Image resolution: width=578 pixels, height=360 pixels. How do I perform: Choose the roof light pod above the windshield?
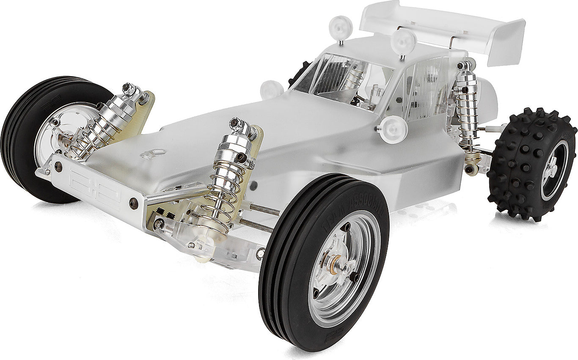pyautogui.click(x=341, y=28)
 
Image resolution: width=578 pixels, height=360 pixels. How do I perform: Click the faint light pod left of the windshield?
pyautogui.click(x=271, y=90)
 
